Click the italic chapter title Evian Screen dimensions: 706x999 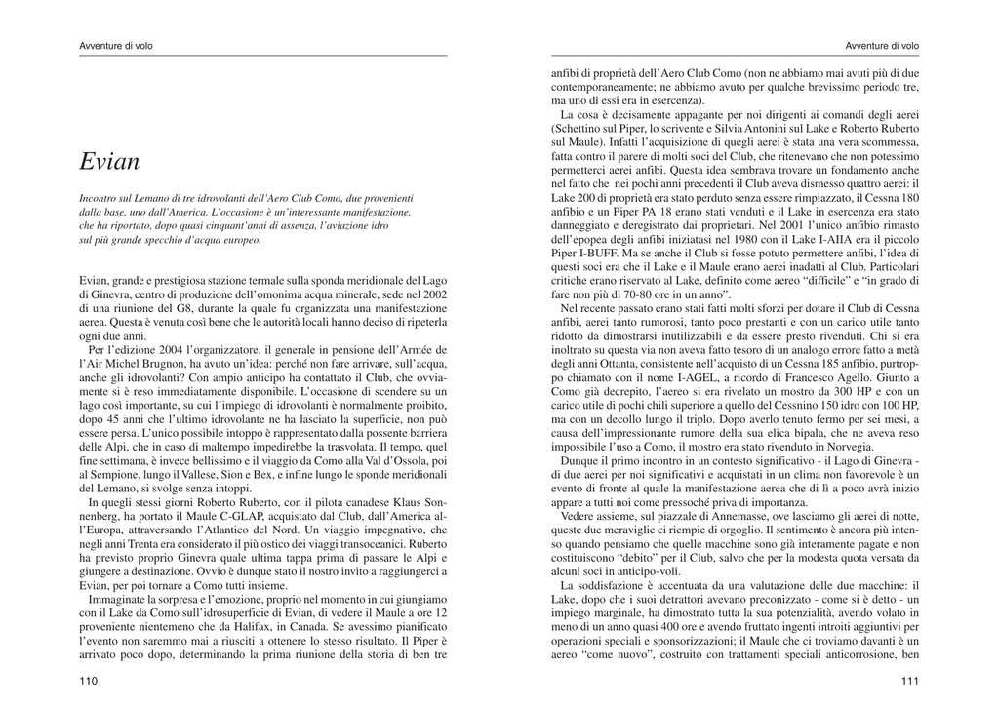pyautogui.click(x=109, y=162)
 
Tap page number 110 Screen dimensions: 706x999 pyautogui.click(x=89, y=682)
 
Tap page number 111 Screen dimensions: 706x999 pyautogui.click(x=909, y=682)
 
